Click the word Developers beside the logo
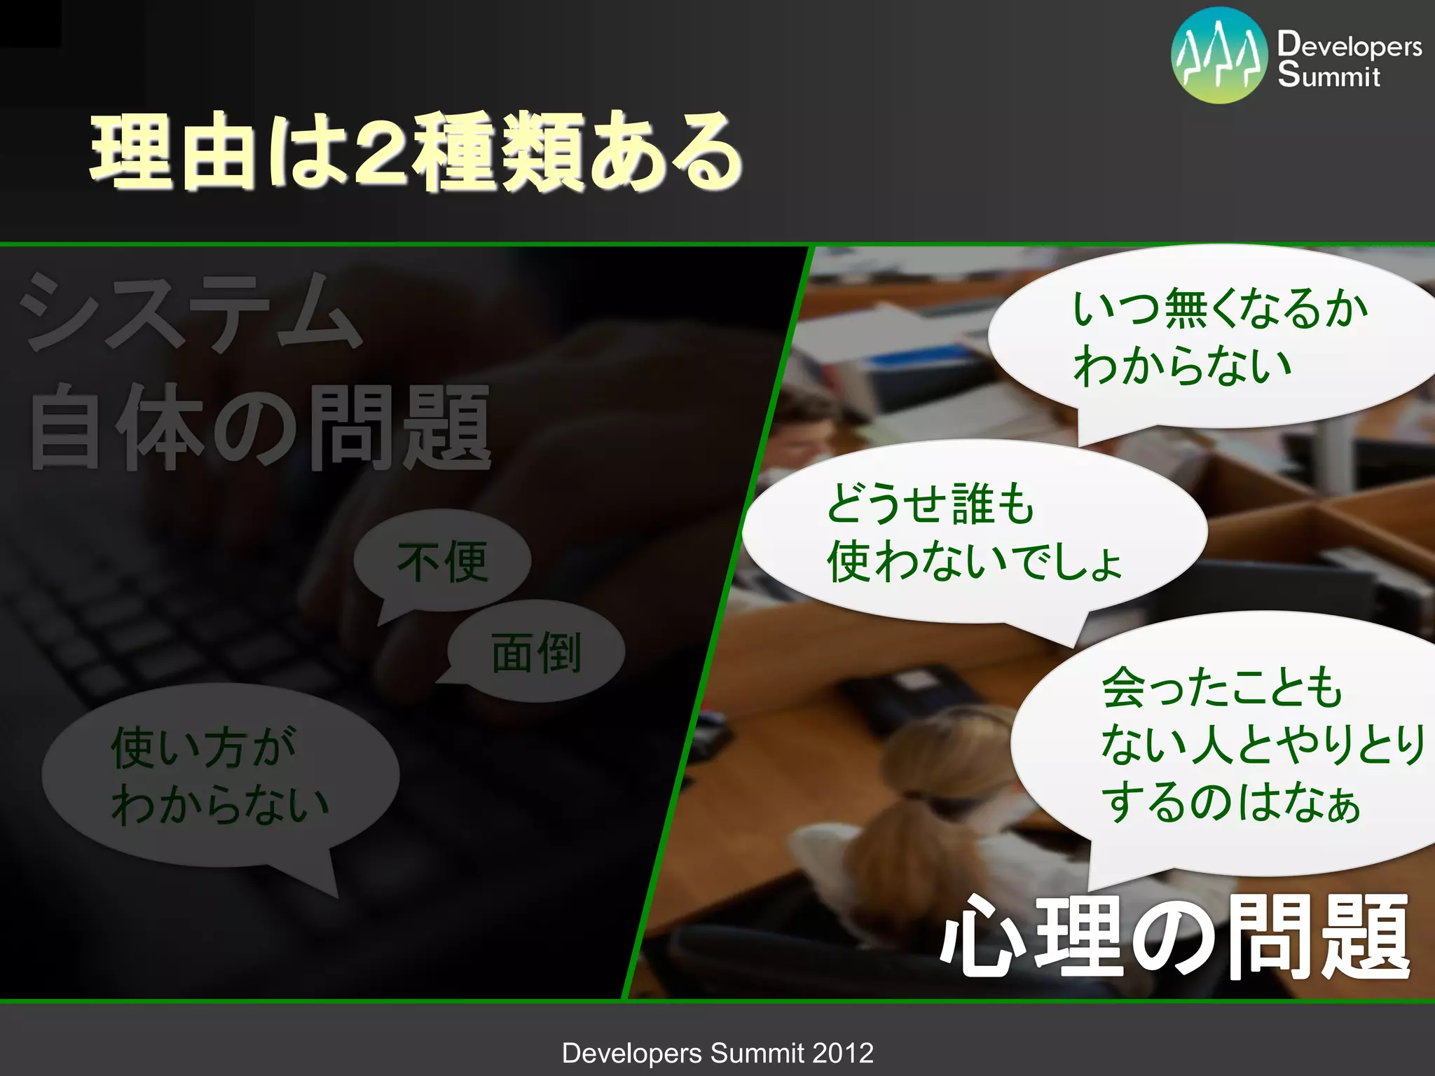coord(1350,46)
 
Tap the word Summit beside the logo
coord(1328,76)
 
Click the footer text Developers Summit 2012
coord(717,1053)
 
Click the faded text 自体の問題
coord(259,427)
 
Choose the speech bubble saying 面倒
coord(536,653)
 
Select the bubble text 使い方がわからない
coord(219,776)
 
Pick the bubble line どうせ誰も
coord(930,503)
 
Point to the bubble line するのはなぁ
coord(1230,802)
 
